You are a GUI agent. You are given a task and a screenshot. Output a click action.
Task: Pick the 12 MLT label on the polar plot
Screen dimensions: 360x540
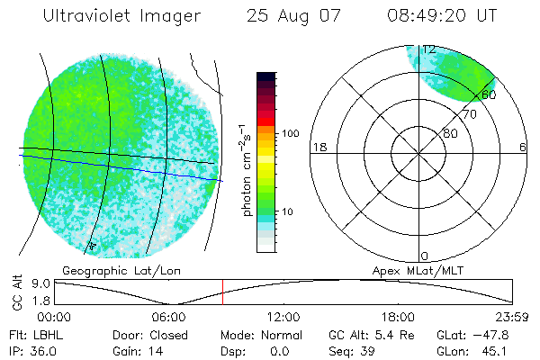click(x=429, y=49)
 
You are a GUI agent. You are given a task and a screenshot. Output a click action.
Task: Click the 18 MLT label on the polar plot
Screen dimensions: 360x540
click(x=318, y=147)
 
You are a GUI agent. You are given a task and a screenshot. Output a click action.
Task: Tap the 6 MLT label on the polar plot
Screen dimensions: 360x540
click(x=524, y=147)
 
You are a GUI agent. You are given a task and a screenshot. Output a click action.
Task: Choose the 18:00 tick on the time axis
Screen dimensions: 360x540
click(x=398, y=317)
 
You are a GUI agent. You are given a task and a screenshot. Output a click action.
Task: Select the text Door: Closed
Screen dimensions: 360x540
click(x=149, y=335)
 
